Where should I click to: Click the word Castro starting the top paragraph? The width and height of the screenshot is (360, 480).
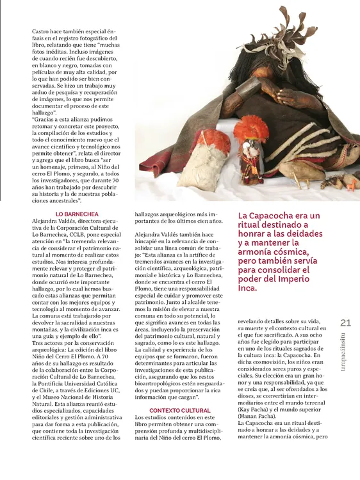pos(41,31)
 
